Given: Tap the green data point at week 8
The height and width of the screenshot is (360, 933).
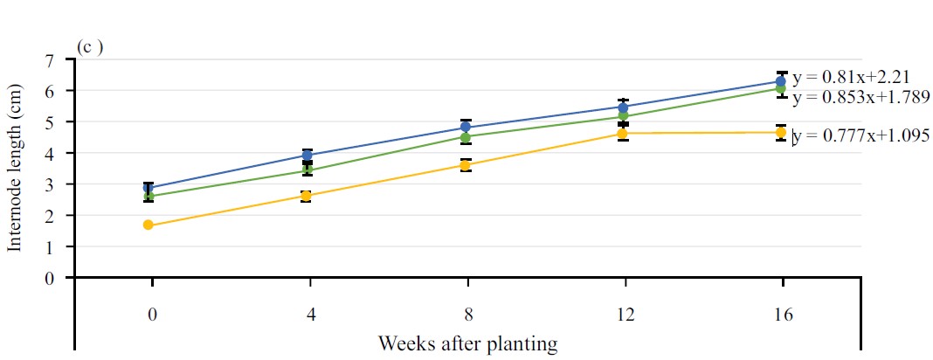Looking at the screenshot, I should pyautogui.click(x=466, y=137).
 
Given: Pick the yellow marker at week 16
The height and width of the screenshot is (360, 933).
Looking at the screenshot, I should pyautogui.click(x=782, y=133).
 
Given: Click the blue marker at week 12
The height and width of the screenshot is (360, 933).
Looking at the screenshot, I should pyautogui.click(x=623, y=107).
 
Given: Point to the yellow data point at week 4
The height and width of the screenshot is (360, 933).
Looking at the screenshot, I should pyautogui.click(x=307, y=196).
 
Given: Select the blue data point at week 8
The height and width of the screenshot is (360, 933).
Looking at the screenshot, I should pyautogui.click(x=466, y=128).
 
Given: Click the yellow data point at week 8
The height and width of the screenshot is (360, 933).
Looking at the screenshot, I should pyautogui.click(x=466, y=165).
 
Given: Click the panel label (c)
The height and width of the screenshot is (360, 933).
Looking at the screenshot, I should pyautogui.click(x=91, y=47).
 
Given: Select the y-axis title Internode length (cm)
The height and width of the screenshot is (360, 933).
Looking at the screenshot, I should pyautogui.click(x=16, y=169).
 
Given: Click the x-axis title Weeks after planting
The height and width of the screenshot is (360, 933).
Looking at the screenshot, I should pyautogui.click(x=467, y=343).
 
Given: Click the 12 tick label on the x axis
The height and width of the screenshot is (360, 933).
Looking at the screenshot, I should pyautogui.click(x=623, y=315).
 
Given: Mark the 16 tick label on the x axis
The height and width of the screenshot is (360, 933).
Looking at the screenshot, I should pyautogui.click(x=782, y=315).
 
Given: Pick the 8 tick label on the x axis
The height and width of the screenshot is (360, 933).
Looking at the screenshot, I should pyautogui.click(x=466, y=315).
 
